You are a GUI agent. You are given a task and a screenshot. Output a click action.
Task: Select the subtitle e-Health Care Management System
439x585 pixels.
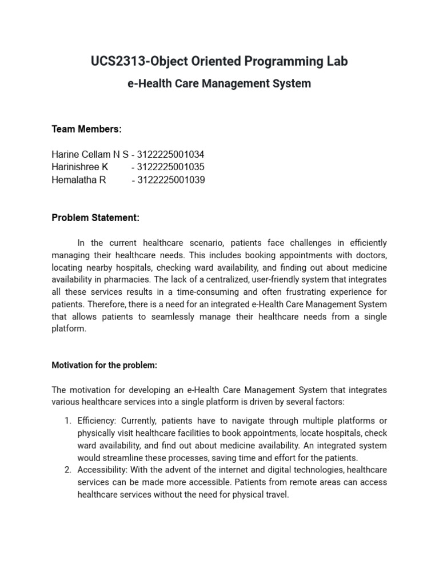point(219,83)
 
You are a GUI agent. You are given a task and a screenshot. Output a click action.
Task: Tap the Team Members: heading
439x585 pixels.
point(86,129)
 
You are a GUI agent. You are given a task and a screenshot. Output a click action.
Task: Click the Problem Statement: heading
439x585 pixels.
point(95,218)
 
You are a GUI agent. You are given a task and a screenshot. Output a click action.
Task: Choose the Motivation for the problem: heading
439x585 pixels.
point(105,365)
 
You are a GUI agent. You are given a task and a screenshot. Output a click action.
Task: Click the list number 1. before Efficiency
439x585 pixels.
point(67,421)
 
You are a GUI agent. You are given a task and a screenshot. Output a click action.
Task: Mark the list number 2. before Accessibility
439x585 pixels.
point(67,470)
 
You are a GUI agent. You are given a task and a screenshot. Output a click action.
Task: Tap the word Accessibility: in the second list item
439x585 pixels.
point(103,470)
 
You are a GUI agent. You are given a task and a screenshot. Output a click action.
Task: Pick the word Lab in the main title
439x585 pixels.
point(337,61)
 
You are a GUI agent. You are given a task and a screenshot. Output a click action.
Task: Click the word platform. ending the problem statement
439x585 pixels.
point(69,329)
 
